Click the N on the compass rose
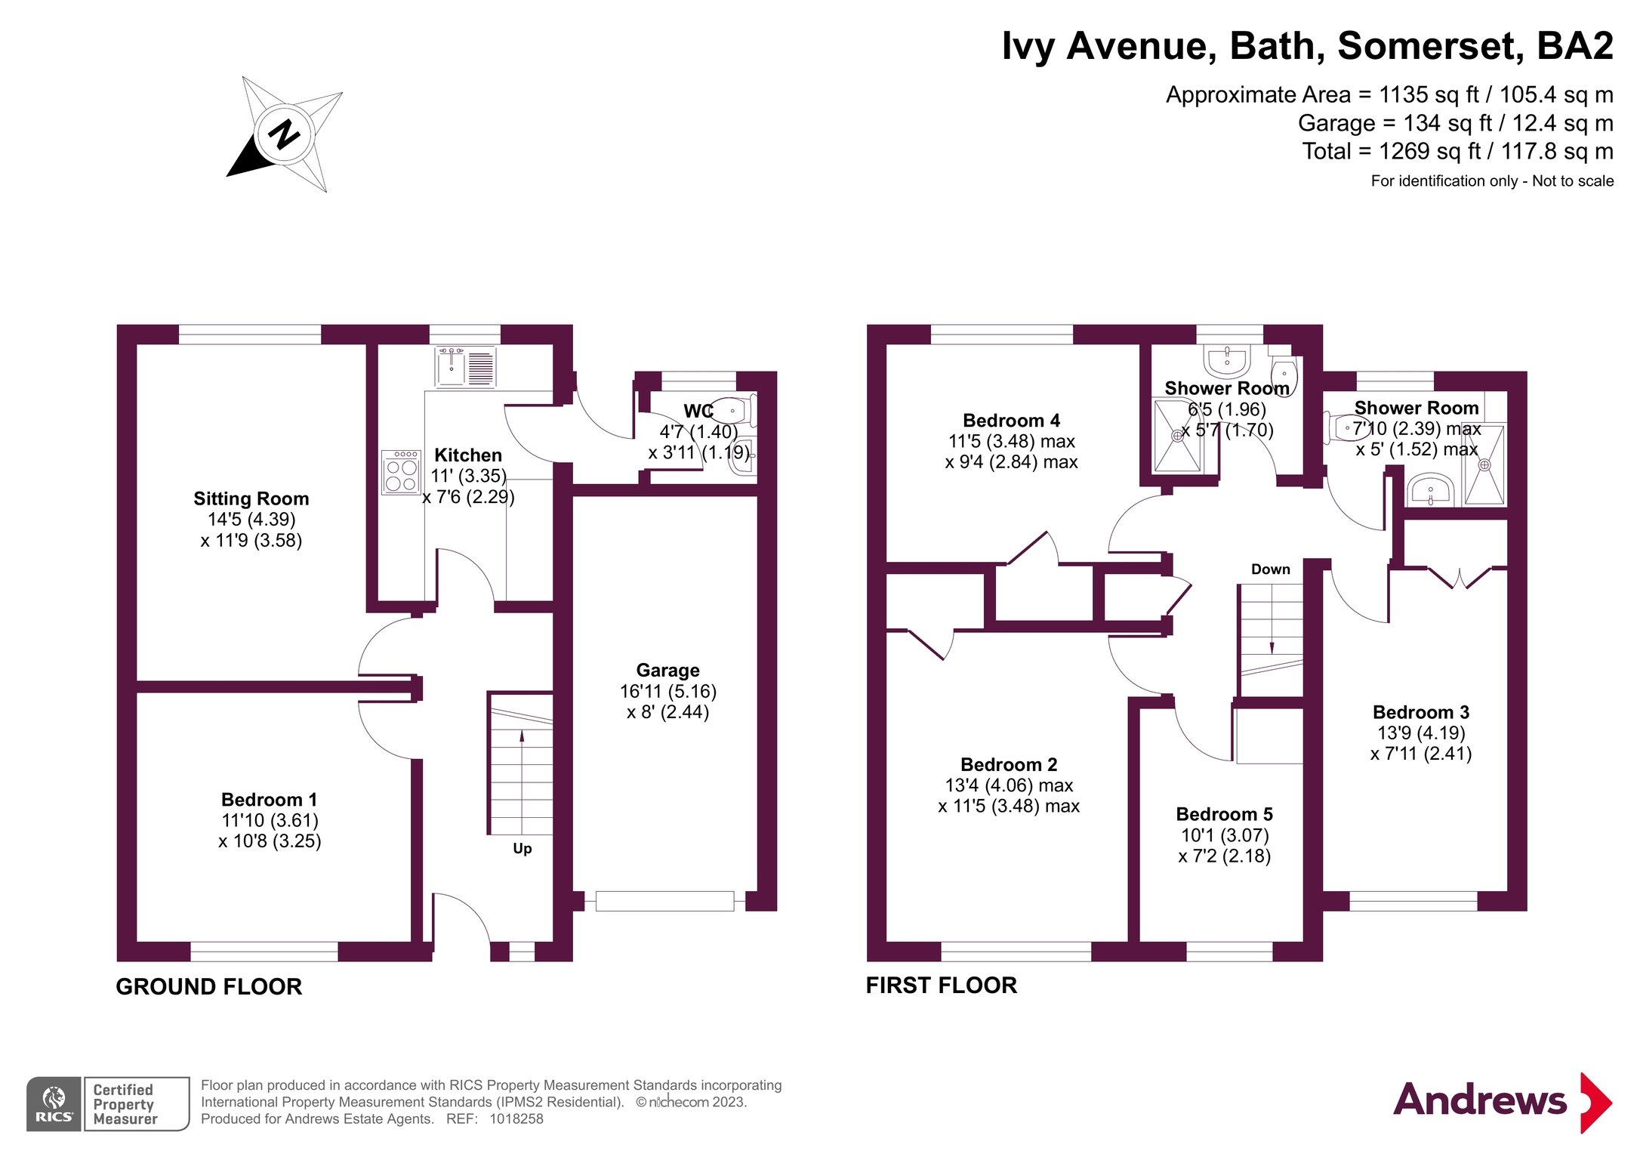click(x=285, y=134)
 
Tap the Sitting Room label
click(x=251, y=498)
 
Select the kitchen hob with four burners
click(x=401, y=472)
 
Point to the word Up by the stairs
click(x=523, y=849)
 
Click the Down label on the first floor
click(x=1271, y=569)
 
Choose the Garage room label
click(x=668, y=670)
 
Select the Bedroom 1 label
click(x=270, y=800)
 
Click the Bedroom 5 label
click(x=1225, y=814)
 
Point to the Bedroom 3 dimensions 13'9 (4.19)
click(x=1421, y=733)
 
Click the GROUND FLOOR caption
click(x=209, y=986)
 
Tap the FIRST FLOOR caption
click(x=942, y=985)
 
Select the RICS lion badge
click(x=54, y=1103)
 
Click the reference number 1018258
click(x=516, y=1119)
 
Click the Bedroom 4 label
click(x=1012, y=421)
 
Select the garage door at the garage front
click(x=664, y=901)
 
